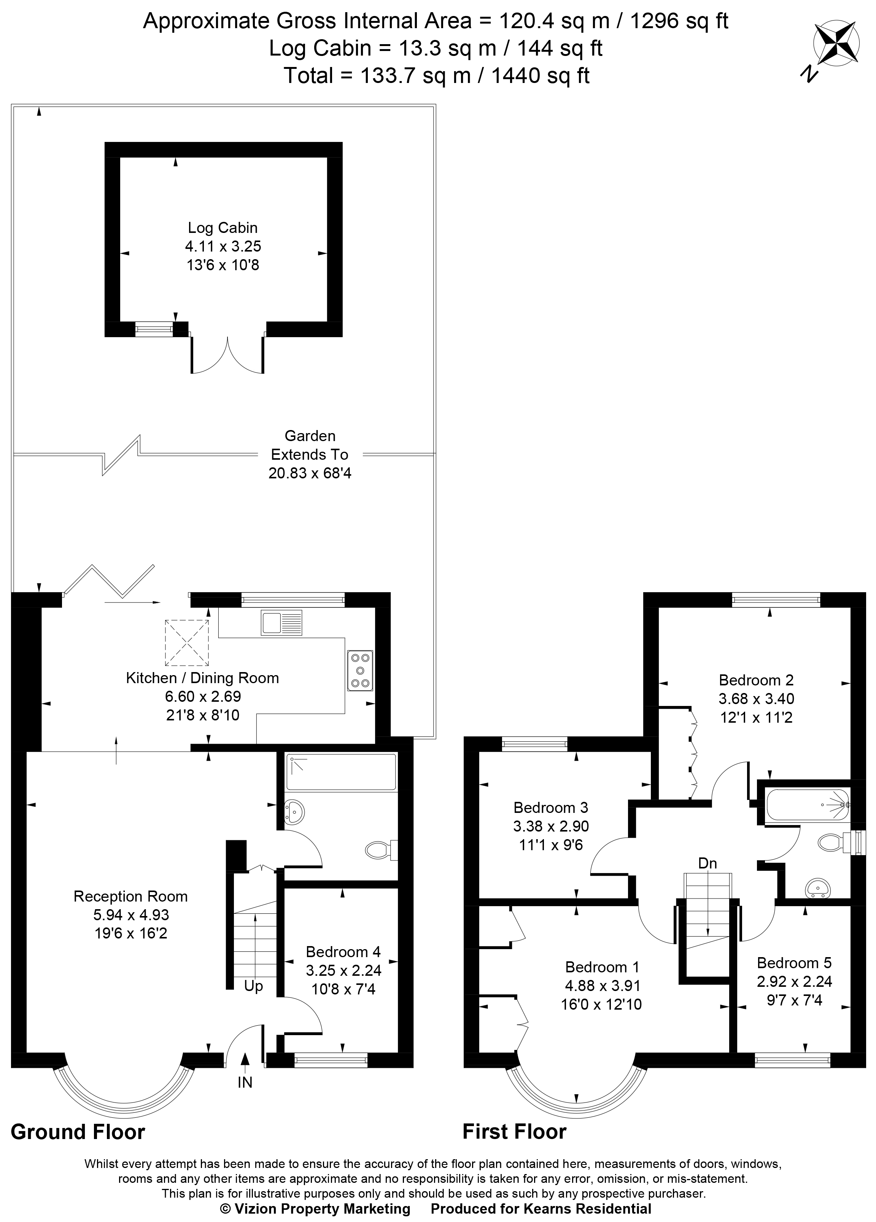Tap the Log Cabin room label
point(223,227)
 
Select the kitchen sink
point(281,622)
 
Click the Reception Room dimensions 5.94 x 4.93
point(131,915)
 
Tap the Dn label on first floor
point(707,863)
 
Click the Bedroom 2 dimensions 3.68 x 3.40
point(756,698)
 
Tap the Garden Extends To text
point(310,445)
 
